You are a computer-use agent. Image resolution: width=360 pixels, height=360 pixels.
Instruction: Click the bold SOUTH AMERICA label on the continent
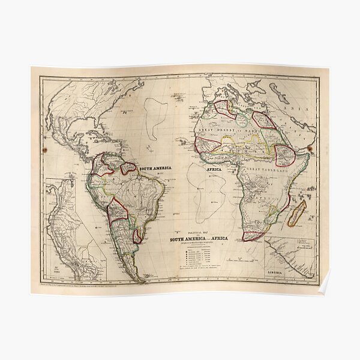(x=155, y=169)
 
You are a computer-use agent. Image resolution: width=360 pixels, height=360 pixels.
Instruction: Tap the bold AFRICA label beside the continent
(x=214, y=170)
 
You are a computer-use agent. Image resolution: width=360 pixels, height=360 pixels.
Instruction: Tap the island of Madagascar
(x=298, y=213)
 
